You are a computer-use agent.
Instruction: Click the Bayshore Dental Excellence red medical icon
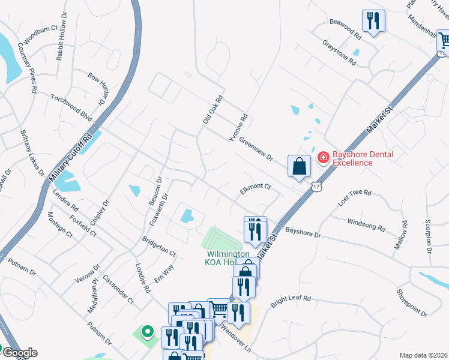[323, 157]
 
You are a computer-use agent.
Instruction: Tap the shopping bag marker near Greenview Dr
[299, 167]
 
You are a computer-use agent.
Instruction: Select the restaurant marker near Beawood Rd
[373, 22]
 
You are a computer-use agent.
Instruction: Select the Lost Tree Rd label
[355, 199]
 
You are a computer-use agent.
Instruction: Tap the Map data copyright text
[424, 355]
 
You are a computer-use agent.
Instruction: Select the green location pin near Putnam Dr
[146, 331]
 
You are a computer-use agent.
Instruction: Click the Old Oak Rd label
[212, 110]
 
